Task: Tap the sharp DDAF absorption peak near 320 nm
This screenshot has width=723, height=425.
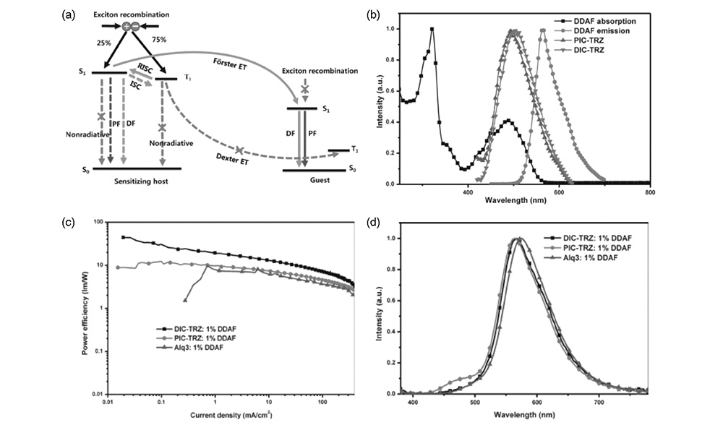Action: coord(432,30)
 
